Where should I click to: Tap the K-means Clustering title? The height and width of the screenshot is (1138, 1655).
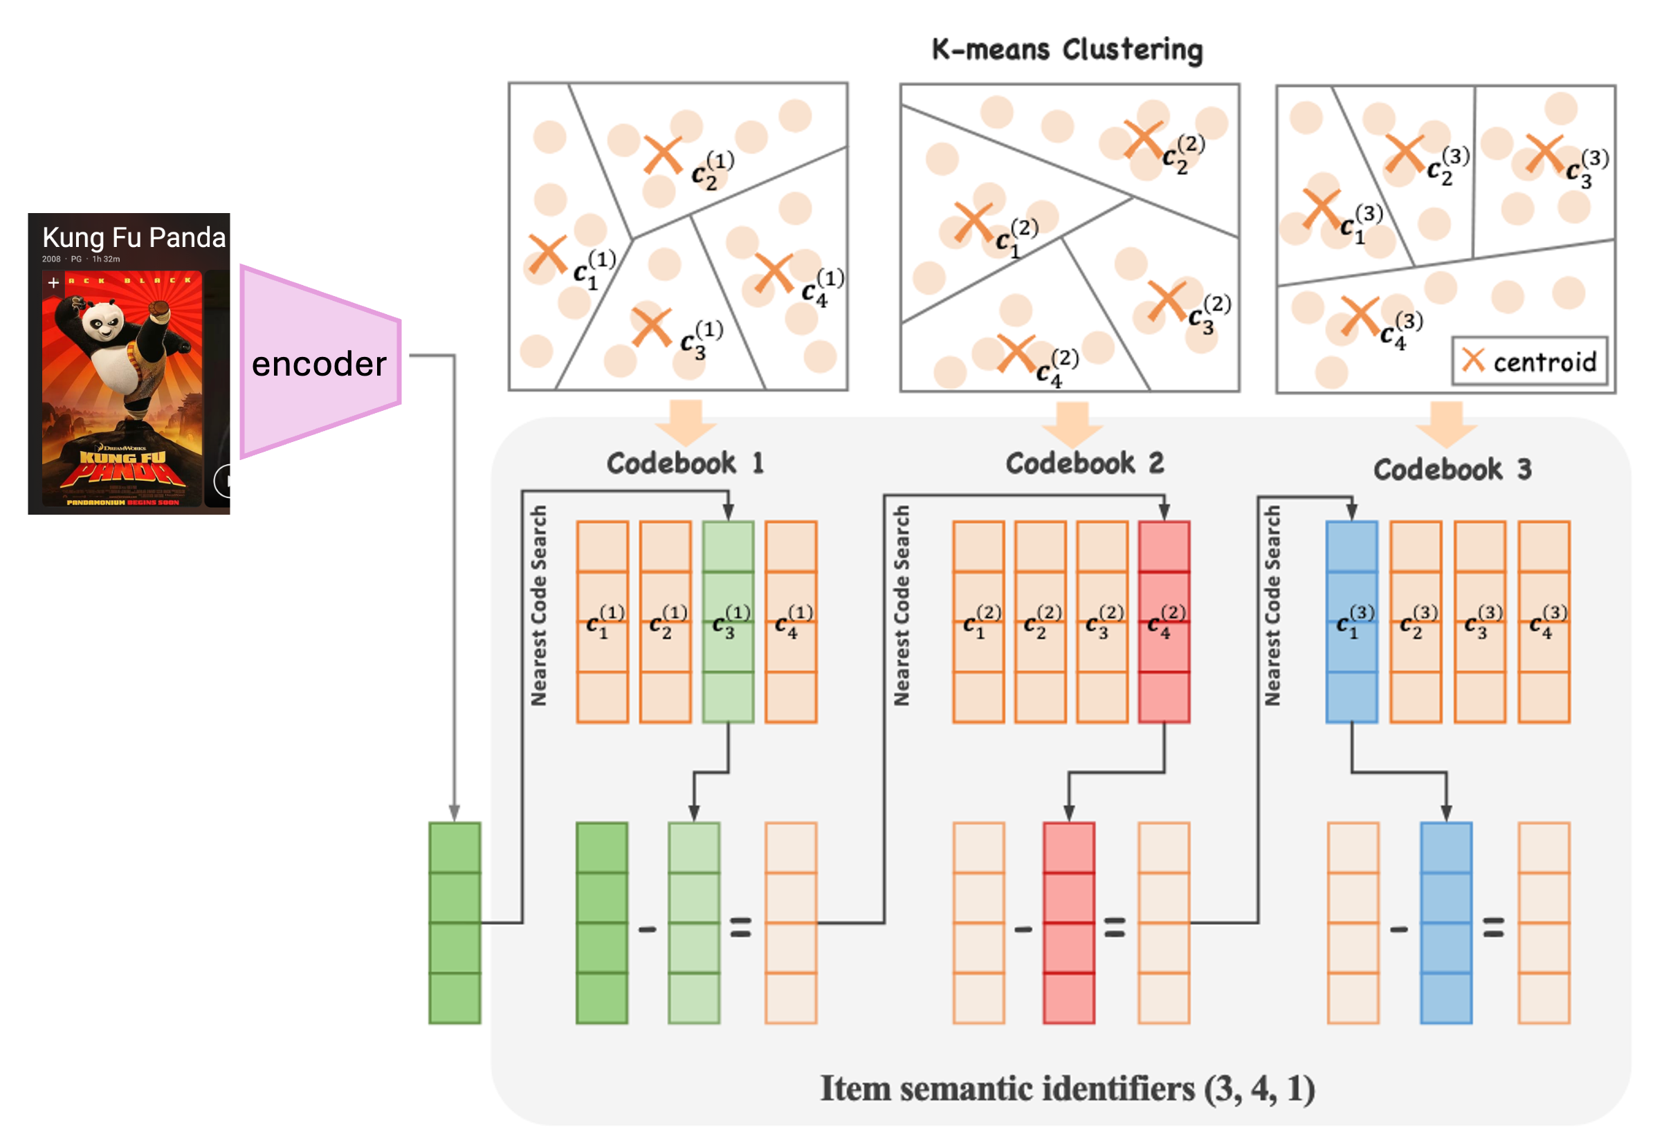point(1067,50)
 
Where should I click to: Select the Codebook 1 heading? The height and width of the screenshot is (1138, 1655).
point(684,464)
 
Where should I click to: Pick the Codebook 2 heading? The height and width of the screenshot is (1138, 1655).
point(1083,464)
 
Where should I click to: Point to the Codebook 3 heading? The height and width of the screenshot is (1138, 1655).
point(1452,470)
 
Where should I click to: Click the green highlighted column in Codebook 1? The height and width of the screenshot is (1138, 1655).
point(728,622)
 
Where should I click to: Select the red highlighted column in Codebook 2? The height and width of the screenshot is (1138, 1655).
point(1164,622)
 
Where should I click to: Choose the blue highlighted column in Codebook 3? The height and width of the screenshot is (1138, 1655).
point(1351,622)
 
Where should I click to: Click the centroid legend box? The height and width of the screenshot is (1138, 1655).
point(1530,362)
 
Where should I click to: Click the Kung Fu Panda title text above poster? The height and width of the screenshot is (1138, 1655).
point(134,237)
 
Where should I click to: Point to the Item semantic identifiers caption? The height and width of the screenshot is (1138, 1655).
point(1068,1089)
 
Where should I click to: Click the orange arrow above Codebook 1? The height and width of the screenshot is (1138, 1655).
point(686,421)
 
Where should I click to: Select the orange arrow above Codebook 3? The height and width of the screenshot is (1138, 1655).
point(1446,422)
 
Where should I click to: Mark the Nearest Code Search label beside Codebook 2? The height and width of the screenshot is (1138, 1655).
point(902,606)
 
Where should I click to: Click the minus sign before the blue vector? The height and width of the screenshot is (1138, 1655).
point(1399,930)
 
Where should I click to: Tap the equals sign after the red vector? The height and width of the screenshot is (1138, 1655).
point(1115,927)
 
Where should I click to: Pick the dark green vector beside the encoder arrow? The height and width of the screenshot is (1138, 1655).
point(454,923)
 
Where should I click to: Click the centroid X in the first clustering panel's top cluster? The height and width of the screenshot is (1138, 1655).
point(662,155)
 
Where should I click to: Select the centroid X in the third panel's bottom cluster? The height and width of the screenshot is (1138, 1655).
point(1360,316)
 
